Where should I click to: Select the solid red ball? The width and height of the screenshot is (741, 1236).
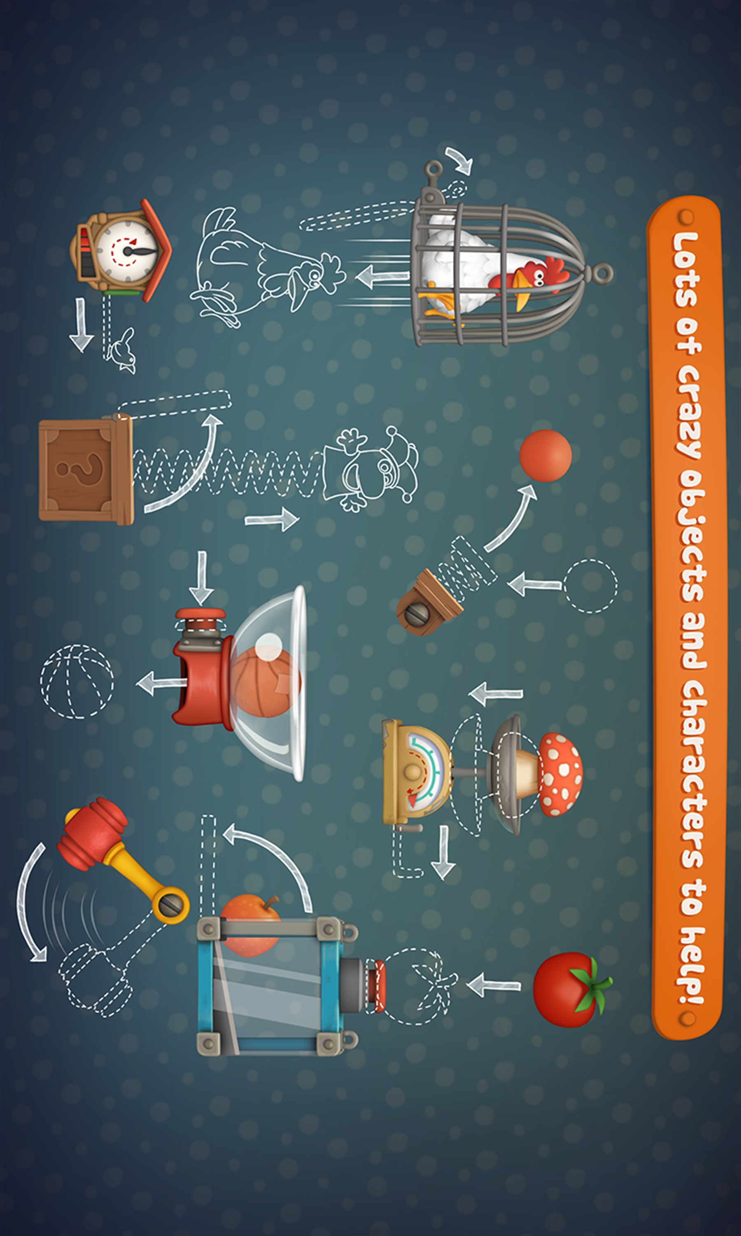click(545, 455)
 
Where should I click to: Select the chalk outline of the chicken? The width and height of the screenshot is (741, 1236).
click(267, 267)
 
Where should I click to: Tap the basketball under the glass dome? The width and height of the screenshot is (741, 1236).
click(265, 682)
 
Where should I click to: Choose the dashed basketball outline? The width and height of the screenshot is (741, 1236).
click(77, 681)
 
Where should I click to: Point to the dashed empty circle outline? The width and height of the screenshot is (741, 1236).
click(591, 586)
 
